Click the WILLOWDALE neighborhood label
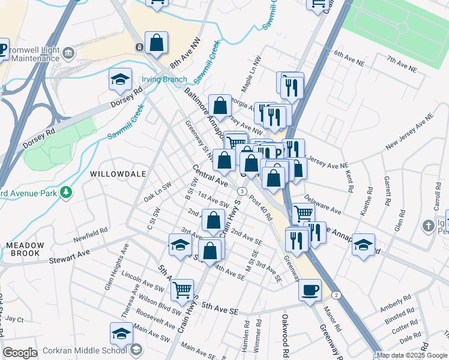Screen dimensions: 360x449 tap(118, 173)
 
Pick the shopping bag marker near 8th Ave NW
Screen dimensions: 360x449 tap(156, 43)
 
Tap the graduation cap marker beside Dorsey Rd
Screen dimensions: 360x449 tap(120, 79)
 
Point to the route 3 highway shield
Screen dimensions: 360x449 tap(241, 191)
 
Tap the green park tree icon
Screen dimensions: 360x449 tap(67, 193)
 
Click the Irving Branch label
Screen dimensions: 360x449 tap(164, 79)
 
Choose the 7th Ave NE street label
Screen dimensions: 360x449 tap(402, 64)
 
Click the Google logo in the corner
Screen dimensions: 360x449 tap(20, 353)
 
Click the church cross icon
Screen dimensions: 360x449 tap(428, 226)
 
